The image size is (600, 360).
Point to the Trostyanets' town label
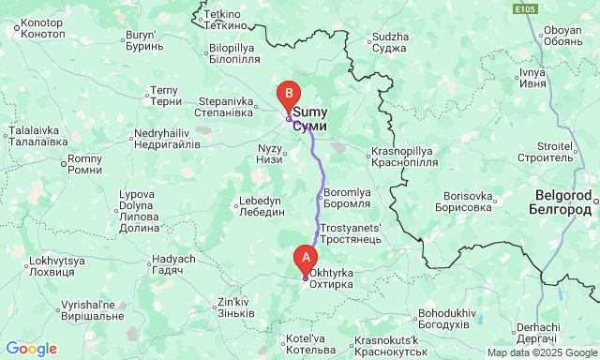coord(351,233)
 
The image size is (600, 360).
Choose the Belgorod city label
coord(562,201)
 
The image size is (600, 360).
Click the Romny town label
coord(85,165)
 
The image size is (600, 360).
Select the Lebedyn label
coord(260,206)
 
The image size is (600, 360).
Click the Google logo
coord(30,349)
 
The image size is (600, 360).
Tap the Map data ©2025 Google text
coord(539,352)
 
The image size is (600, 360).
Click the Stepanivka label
coord(224,107)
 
